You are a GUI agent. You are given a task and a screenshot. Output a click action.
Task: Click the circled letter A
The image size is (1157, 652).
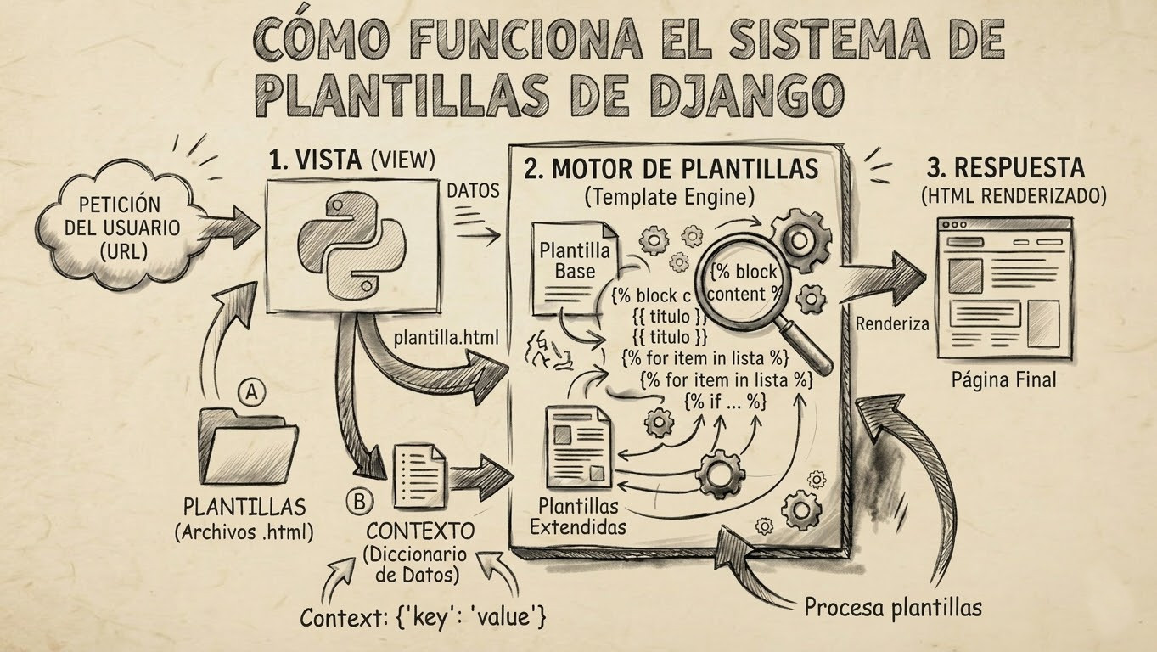(250, 391)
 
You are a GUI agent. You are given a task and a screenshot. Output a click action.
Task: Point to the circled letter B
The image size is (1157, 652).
(358, 502)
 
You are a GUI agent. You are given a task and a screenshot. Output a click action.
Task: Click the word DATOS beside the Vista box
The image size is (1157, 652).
(473, 191)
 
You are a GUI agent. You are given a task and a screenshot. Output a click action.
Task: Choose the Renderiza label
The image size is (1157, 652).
(892, 323)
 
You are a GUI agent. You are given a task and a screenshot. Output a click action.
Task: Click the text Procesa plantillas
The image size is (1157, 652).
(892, 607)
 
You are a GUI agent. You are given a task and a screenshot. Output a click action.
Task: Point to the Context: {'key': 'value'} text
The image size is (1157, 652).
(422, 617)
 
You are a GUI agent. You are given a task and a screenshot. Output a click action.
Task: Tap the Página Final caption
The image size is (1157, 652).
(1003, 379)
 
